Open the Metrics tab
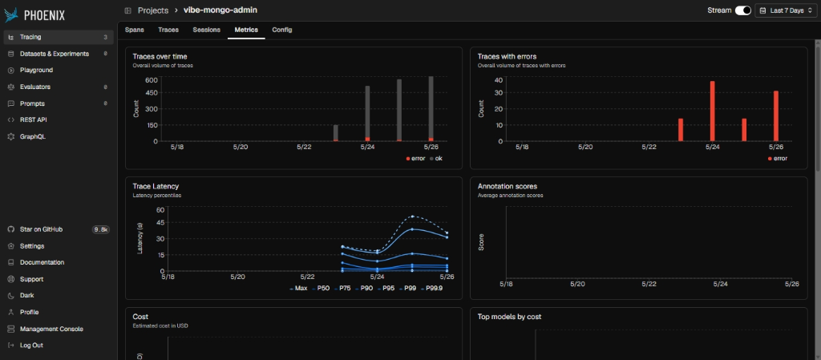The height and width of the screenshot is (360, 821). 246,30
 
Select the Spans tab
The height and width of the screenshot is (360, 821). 135,30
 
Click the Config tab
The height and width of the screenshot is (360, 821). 282,30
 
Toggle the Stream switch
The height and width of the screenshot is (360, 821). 743,10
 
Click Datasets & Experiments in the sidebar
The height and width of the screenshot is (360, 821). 55,54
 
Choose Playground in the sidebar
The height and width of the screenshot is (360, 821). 36,70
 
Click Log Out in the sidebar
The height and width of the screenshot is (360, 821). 31,346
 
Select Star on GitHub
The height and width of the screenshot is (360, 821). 42,229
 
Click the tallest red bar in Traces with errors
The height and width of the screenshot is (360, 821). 713,111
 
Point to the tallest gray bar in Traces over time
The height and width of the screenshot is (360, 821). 431,109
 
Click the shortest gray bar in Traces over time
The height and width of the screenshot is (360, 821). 336,133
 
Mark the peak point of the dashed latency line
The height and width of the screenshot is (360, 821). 413,216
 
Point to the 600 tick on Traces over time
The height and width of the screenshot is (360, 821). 152,80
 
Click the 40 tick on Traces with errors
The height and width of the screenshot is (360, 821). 499,80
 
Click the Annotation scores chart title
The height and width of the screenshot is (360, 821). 508,186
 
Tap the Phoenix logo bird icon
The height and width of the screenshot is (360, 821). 11,15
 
